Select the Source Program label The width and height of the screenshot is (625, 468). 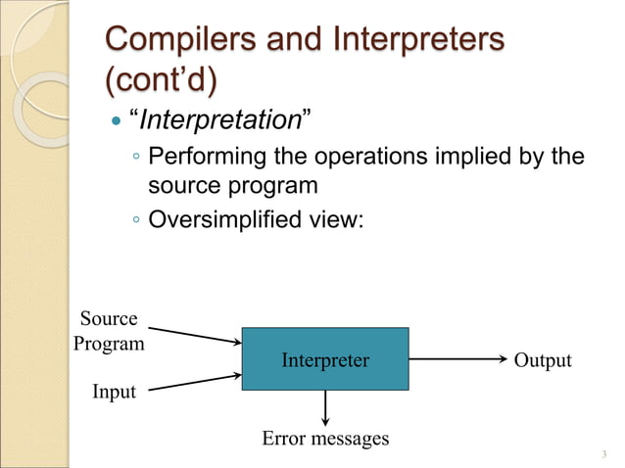click(x=109, y=331)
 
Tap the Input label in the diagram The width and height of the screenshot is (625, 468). click(x=114, y=392)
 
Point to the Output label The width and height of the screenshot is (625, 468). click(x=543, y=360)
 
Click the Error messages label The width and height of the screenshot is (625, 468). click(x=325, y=438)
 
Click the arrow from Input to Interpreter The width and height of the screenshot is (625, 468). click(x=196, y=382)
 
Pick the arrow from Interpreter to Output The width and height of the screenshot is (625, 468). click(x=457, y=359)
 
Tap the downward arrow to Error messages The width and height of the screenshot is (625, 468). click(x=325, y=407)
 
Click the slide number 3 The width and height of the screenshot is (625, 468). click(x=604, y=453)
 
